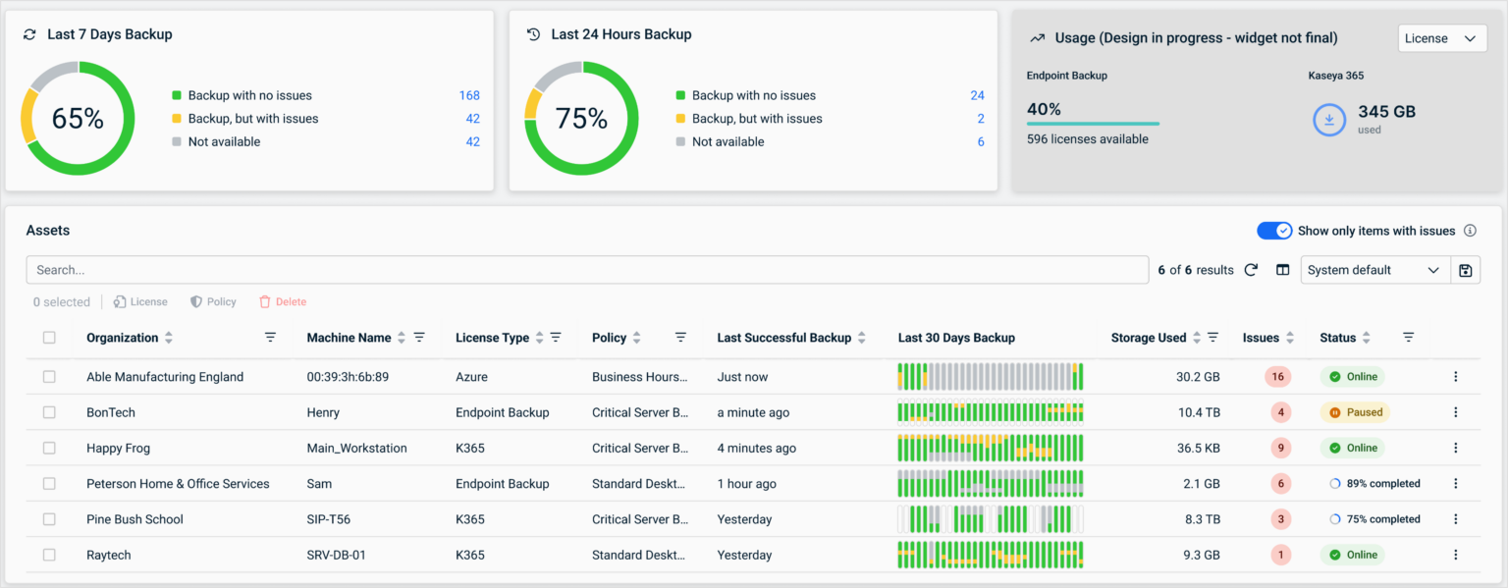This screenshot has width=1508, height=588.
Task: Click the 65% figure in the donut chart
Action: (x=78, y=119)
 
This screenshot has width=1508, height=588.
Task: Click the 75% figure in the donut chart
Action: (x=581, y=119)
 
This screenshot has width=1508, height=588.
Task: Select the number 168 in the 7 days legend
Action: (x=469, y=95)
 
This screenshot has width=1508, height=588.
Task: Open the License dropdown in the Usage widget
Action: (x=1441, y=38)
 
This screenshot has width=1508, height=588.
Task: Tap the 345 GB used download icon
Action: (x=1329, y=120)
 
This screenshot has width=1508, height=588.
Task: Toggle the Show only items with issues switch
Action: (x=1274, y=231)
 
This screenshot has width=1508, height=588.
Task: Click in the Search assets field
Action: (x=587, y=270)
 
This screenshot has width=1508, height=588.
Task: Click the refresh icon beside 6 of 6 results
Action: (x=1251, y=270)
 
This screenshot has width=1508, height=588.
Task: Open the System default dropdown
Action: (x=1374, y=270)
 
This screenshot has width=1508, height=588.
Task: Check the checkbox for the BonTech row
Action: (x=49, y=412)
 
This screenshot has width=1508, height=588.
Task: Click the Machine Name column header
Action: (x=349, y=338)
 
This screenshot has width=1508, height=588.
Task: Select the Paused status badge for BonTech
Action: (x=1355, y=412)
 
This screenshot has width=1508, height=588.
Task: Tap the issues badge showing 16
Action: (x=1278, y=377)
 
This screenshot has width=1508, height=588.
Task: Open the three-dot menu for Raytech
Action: (x=1456, y=555)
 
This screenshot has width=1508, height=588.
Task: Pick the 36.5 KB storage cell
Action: (x=1198, y=449)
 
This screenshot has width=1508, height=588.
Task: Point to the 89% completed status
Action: (x=1374, y=484)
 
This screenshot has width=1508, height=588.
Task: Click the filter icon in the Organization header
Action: (x=270, y=338)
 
